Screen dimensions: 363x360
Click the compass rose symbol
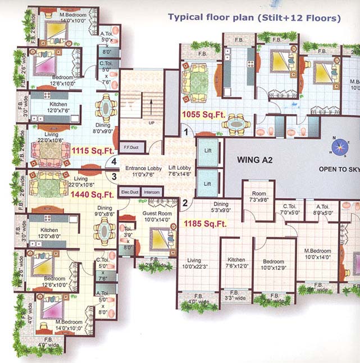[x=339, y=146]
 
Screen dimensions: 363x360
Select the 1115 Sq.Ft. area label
[x=93, y=150]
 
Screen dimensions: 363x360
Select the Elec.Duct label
[x=130, y=192]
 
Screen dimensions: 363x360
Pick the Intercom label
[x=151, y=192]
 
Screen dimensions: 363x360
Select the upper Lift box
[x=208, y=152]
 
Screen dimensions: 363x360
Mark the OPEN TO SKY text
[x=339, y=168]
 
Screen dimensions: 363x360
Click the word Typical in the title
[x=184, y=17]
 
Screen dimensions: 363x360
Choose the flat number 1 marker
[x=186, y=133]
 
